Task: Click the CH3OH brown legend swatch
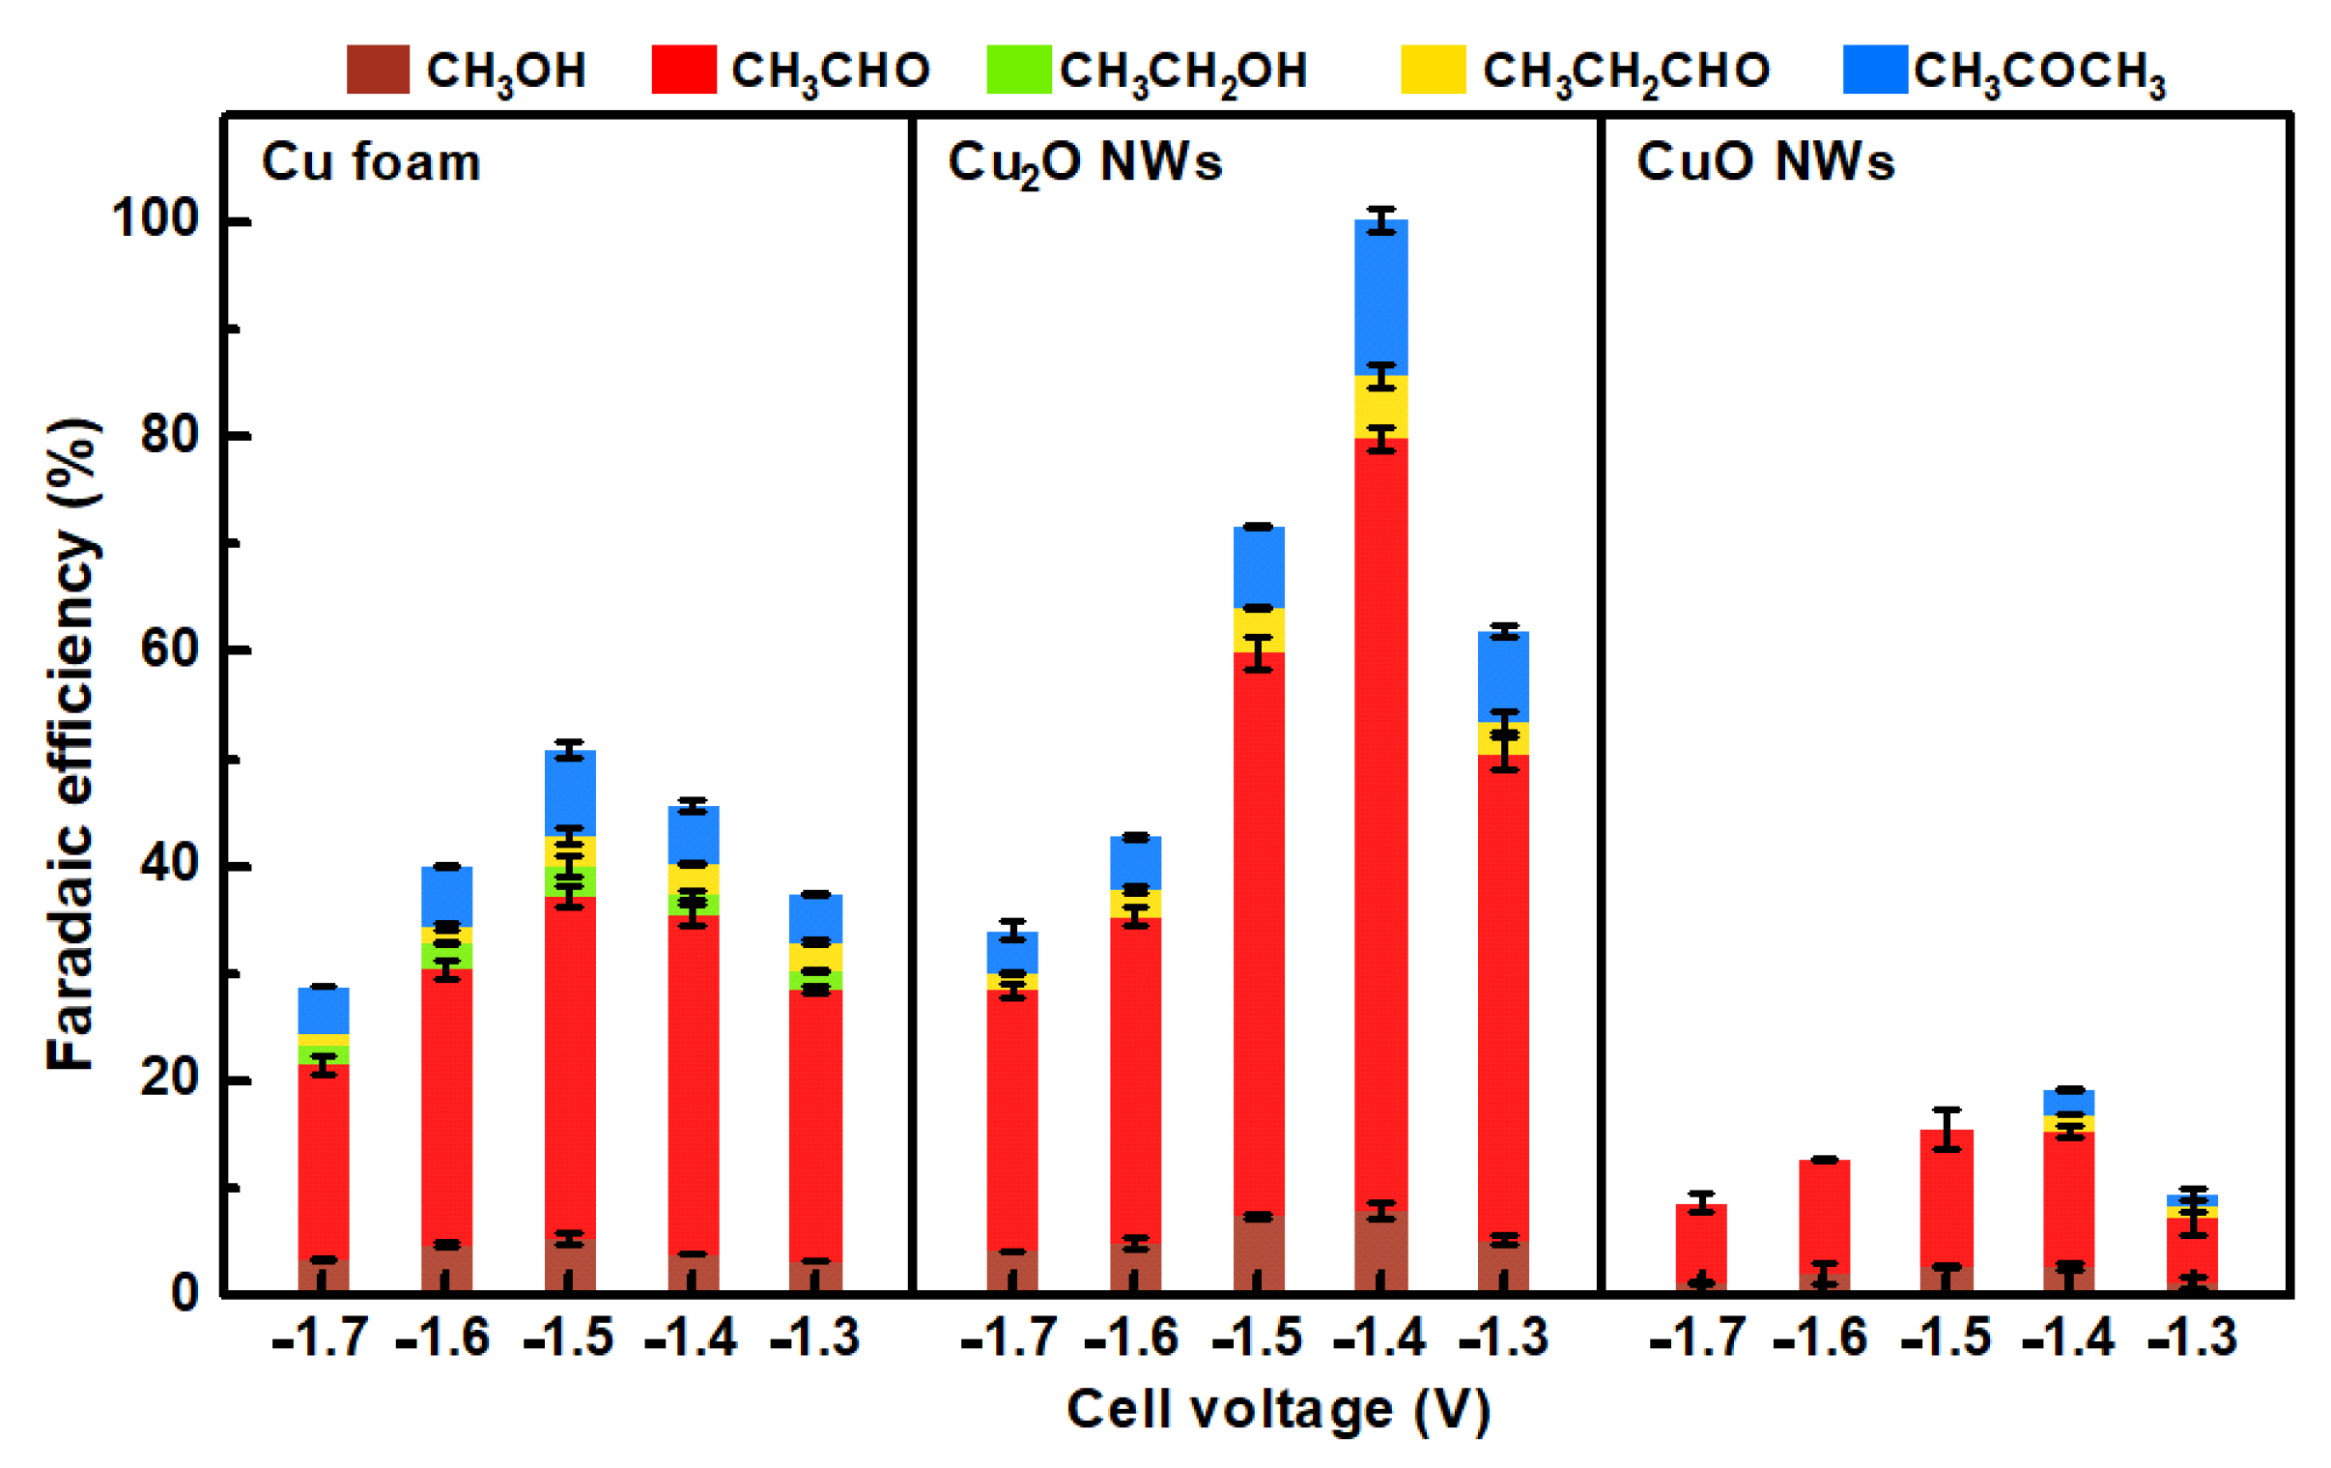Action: coord(378,69)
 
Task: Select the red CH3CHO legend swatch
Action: coord(683,69)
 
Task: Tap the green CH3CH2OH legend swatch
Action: coord(1018,69)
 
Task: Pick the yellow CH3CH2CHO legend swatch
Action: coord(1433,69)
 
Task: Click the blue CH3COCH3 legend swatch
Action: coord(1875,69)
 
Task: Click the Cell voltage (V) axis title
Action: coord(1278,1410)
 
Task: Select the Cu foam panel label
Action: coord(371,161)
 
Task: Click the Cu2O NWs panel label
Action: coord(1084,162)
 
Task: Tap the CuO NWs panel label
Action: coord(1765,161)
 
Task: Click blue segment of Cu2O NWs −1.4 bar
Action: coord(1381,301)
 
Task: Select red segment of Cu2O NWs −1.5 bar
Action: coord(1259,930)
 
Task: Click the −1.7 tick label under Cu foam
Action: coord(321,1338)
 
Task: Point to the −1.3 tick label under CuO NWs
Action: coord(2192,1338)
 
